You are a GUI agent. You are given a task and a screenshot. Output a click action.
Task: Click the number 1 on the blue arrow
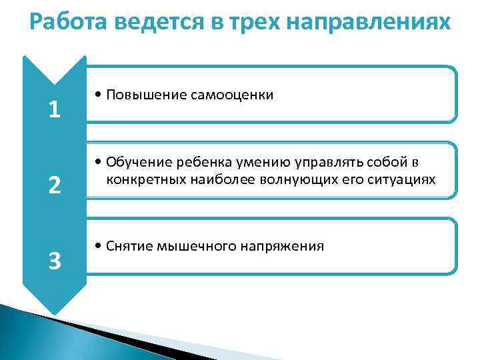click(55, 109)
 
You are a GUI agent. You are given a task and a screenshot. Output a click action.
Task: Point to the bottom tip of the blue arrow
click(55, 313)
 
